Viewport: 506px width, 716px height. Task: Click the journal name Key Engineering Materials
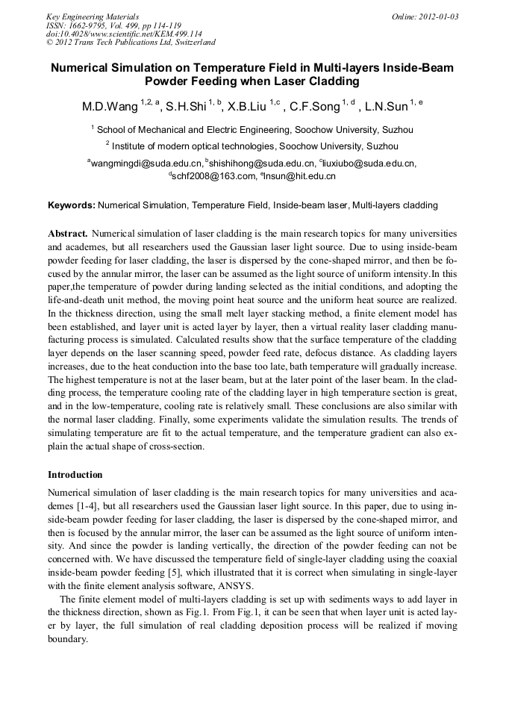tap(93, 16)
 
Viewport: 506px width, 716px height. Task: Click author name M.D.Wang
tap(110, 107)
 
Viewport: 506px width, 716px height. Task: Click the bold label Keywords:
tap(72, 205)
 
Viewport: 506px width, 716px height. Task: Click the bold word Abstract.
tap(68, 233)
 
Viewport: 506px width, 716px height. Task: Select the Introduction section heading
tap(75, 475)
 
